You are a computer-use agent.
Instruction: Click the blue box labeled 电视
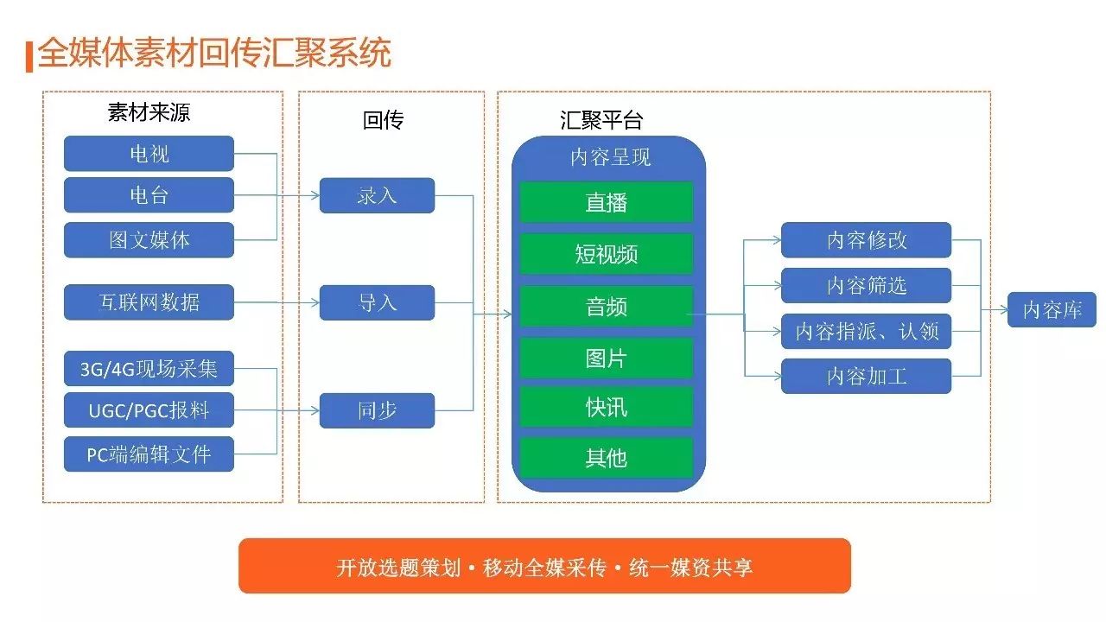point(149,154)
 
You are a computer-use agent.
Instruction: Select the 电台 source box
point(149,195)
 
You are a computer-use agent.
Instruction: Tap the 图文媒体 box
point(149,240)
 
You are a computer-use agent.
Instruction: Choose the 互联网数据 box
point(149,302)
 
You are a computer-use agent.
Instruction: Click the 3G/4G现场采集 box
point(149,368)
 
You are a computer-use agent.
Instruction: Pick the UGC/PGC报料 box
point(149,409)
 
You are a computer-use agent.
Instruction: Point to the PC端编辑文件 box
point(149,454)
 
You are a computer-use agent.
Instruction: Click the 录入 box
point(378,195)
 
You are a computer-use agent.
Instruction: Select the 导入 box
point(378,302)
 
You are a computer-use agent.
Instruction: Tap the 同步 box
point(378,410)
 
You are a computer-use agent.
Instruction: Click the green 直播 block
point(607,202)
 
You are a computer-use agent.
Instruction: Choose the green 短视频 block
point(607,254)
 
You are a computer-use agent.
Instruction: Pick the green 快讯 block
point(607,407)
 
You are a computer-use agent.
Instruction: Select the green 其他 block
point(607,458)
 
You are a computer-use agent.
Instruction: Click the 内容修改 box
point(866,240)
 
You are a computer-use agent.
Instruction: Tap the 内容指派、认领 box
point(866,331)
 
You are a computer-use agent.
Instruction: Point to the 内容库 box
point(1052,309)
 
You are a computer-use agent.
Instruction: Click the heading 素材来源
point(149,112)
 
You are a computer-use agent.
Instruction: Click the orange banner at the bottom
point(544,566)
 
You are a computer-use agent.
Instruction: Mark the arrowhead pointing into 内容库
point(1004,309)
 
